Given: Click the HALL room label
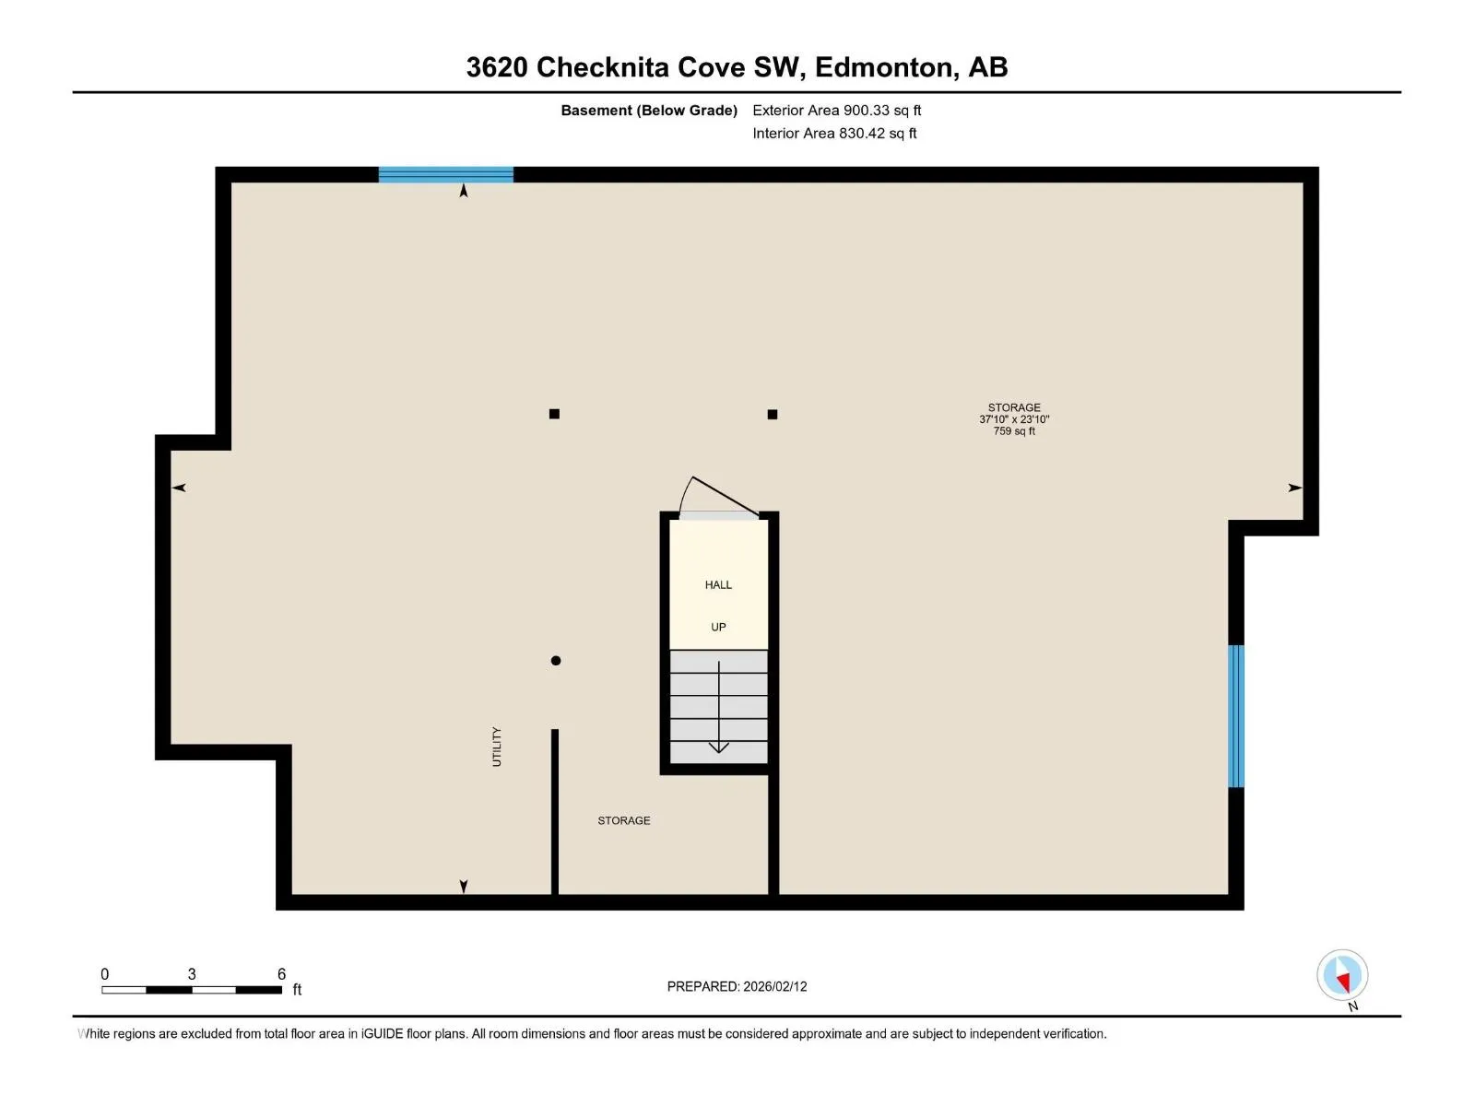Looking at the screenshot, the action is (717, 585).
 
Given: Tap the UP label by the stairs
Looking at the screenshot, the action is (717, 628).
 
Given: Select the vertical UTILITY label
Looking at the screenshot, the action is (497, 746).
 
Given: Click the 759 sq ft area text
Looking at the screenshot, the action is (1013, 431).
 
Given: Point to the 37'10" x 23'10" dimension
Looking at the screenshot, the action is (1013, 419).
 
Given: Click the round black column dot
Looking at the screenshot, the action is (556, 661).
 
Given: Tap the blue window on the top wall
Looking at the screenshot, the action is (445, 174).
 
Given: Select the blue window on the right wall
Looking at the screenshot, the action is (1236, 716).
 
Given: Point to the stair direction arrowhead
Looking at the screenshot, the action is (718, 747).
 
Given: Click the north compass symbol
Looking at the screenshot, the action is (1342, 975).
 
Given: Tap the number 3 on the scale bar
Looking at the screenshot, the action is (192, 973).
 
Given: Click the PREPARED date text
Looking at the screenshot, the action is (737, 986).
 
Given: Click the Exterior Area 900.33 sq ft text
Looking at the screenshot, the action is (837, 110).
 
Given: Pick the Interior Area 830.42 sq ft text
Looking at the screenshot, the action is (834, 133).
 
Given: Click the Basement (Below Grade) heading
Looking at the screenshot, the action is (649, 110).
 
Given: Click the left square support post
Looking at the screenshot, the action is (554, 414).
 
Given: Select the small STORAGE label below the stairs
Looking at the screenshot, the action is (623, 820).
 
